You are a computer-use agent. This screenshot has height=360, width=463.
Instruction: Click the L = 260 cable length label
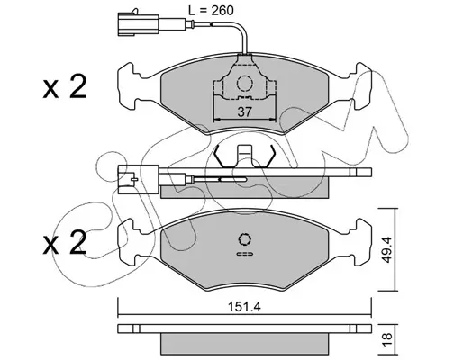(x=211, y=11)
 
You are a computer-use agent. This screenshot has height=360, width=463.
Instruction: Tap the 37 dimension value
(x=244, y=112)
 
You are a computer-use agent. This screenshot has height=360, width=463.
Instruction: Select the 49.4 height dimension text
(x=387, y=249)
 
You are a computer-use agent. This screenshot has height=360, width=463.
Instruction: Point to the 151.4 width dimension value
(x=244, y=307)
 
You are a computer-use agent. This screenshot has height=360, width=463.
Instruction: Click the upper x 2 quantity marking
(x=65, y=86)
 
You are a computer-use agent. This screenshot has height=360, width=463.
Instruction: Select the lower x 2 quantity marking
(x=65, y=243)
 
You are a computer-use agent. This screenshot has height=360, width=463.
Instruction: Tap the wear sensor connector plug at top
(x=138, y=23)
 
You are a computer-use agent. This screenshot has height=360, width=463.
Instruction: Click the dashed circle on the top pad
(x=244, y=83)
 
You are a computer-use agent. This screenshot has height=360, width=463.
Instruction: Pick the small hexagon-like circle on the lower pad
(x=245, y=239)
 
